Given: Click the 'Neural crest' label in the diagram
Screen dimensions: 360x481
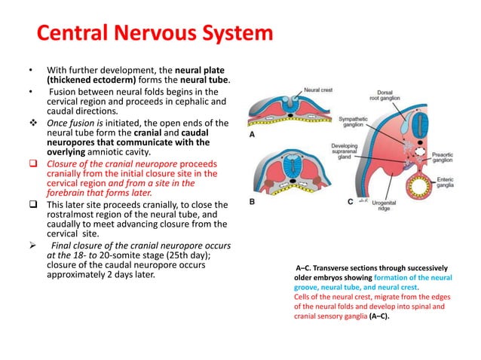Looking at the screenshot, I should point(319,90).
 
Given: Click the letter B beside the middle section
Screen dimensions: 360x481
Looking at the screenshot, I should point(253,202).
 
